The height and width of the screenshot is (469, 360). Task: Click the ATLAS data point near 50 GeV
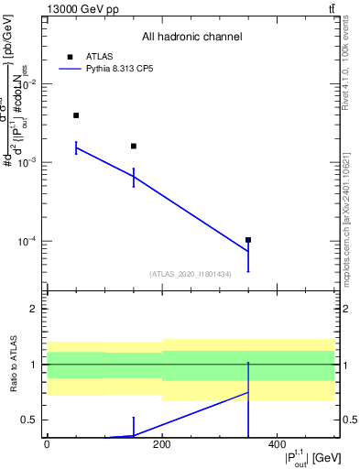(76, 115)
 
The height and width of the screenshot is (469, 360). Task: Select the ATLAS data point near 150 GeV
(134, 146)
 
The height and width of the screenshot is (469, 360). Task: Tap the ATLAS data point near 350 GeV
(248, 240)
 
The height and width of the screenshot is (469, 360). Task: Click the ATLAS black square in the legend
(70, 56)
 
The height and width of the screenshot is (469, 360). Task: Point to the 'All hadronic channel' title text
(191, 38)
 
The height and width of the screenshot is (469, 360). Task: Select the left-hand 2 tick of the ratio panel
(37, 309)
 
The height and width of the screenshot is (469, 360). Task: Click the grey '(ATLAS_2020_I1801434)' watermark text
(191, 274)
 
